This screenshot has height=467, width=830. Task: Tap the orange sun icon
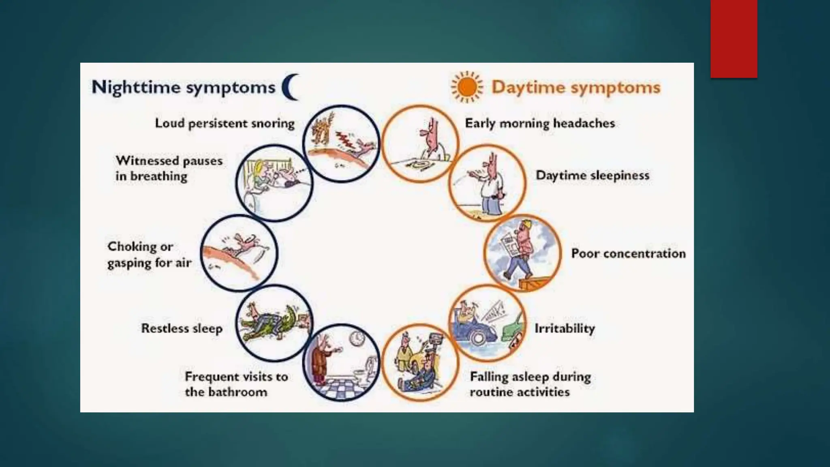tap(467, 87)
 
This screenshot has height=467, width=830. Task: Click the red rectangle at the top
tap(734, 39)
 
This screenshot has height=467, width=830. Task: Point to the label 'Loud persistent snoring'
tap(225, 123)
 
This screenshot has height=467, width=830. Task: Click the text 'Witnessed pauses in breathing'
tap(169, 168)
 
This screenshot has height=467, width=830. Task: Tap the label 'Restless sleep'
tap(182, 328)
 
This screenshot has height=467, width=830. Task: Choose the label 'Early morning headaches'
tap(540, 123)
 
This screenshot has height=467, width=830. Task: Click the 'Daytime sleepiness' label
tap(593, 176)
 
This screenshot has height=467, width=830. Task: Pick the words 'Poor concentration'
tap(628, 254)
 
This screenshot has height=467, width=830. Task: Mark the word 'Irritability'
tap(565, 328)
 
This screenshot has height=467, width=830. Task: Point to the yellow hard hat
tap(526, 225)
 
